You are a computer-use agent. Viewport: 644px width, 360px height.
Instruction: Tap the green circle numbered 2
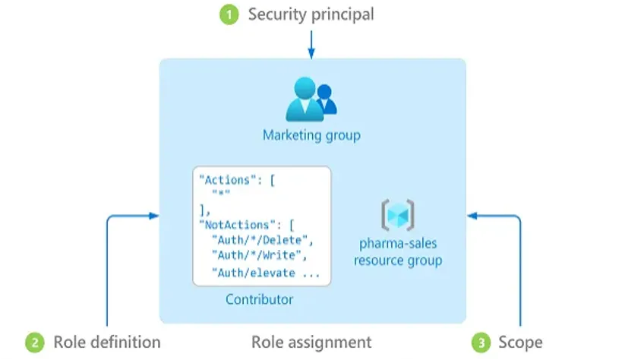click(x=34, y=343)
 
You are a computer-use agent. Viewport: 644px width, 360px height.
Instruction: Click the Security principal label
click(x=311, y=14)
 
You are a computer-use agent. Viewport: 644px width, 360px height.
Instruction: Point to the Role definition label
click(x=106, y=342)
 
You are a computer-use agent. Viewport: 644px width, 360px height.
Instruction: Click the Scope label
click(x=520, y=342)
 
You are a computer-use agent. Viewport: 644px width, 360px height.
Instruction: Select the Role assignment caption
click(x=311, y=342)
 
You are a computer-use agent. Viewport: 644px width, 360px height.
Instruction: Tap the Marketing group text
click(x=311, y=135)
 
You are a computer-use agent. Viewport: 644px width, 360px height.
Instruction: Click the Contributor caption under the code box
click(x=259, y=299)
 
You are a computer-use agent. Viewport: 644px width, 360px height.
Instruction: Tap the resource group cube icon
click(x=397, y=215)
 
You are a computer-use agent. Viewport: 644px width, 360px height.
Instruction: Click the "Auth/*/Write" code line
click(x=258, y=256)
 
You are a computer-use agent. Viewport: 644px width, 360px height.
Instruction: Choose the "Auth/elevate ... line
click(x=265, y=272)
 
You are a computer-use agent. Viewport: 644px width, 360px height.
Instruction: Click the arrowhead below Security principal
click(x=311, y=55)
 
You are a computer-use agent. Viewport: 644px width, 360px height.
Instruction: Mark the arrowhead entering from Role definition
click(x=156, y=216)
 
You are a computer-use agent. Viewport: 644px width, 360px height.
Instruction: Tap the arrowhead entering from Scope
click(x=471, y=216)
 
